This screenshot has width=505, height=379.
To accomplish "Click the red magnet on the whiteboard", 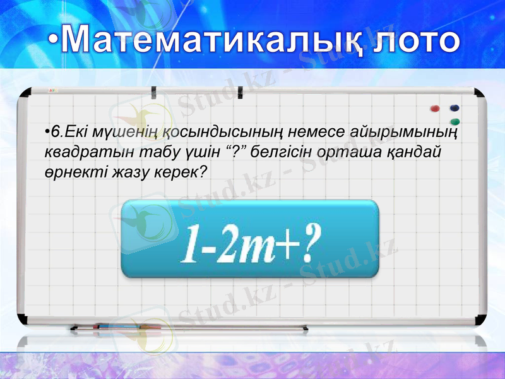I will [x=434, y=109].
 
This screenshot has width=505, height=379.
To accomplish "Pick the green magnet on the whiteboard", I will [x=454, y=121].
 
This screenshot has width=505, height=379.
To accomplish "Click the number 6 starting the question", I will [x=56, y=132].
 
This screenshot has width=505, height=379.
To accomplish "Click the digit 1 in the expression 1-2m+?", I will [x=187, y=243].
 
